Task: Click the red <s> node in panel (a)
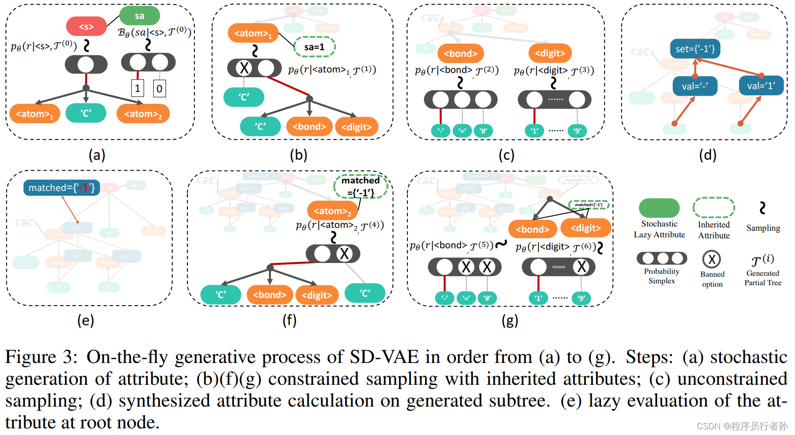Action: tap(86, 27)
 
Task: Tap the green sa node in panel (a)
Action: tap(139, 16)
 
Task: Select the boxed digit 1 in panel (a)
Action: tap(138, 88)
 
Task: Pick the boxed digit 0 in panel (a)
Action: tap(159, 88)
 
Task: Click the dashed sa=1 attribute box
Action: tap(314, 47)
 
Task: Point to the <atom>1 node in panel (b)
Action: tap(253, 33)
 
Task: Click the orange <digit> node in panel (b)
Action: tap(356, 127)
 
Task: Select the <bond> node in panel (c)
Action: tap(460, 54)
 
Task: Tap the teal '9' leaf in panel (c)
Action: tap(577, 131)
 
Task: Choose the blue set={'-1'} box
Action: tap(695, 49)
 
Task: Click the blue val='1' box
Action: tap(761, 86)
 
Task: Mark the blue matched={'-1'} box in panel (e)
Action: tap(62, 188)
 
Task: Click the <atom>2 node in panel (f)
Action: tap(333, 211)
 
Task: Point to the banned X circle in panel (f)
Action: tap(344, 254)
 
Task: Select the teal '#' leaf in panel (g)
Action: tap(487, 298)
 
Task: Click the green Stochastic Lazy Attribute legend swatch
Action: tap(659, 208)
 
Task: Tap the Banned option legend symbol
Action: tap(712, 259)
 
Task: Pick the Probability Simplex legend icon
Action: tap(662, 258)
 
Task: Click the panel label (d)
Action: tap(707, 155)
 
